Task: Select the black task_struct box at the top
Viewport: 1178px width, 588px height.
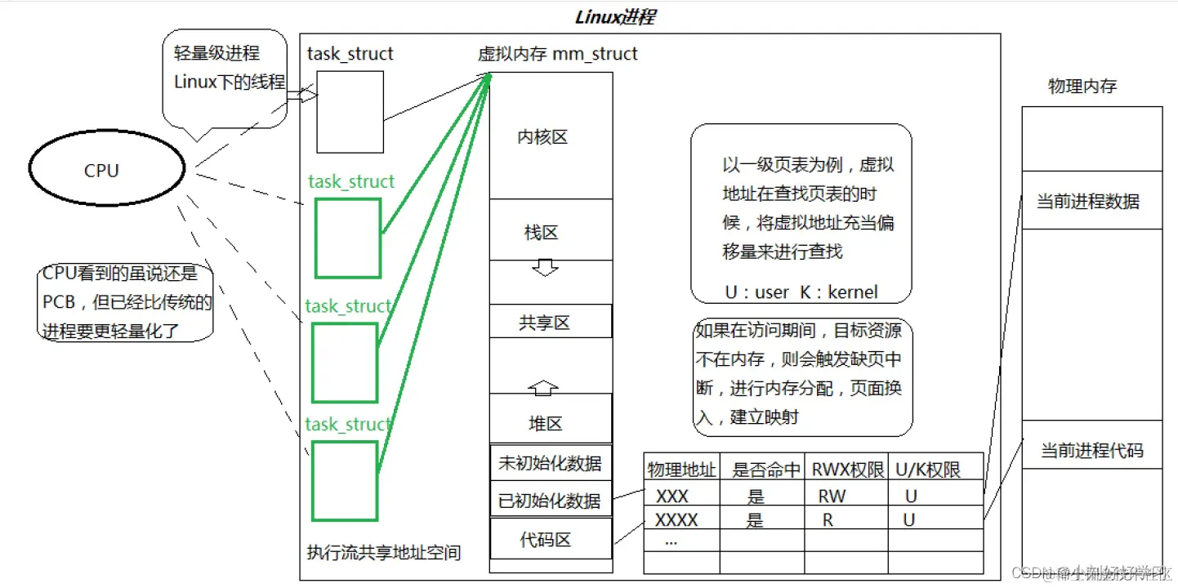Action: (350, 111)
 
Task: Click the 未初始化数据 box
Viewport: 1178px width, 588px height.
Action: (551, 464)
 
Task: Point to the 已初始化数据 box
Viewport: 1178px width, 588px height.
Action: (551, 501)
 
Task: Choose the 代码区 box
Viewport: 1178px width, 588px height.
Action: (551, 539)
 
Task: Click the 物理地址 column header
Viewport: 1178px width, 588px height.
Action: (681, 470)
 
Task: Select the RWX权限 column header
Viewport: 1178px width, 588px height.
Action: (845, 470)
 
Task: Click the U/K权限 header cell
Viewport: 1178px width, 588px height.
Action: (929, 470)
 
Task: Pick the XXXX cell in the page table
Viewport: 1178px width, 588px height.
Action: (677, 519)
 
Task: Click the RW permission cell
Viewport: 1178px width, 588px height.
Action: (832, 496)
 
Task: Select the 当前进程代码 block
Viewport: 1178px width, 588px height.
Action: (1091, 449)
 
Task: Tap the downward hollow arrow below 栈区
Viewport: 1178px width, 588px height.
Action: (544, 267)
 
